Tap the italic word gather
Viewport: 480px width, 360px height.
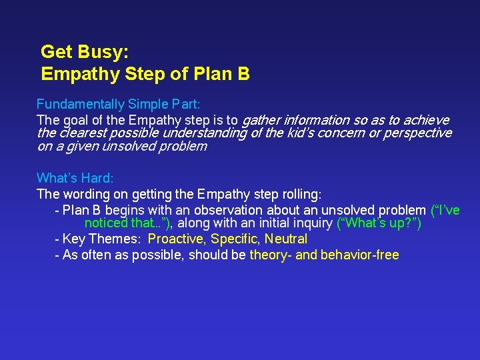(x=261, y=121)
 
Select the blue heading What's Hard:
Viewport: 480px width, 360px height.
(x=75, y=179)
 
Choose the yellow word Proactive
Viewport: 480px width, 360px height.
(x=177, y=239)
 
